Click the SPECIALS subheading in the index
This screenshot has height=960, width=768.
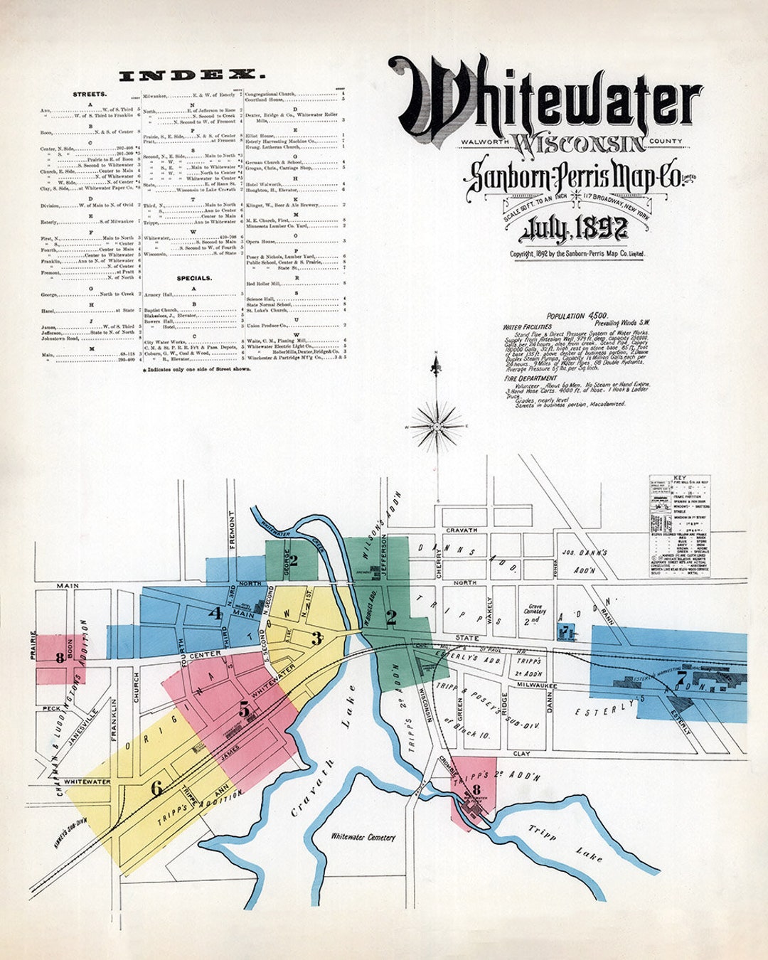pyautogui.click(x=194, y=278)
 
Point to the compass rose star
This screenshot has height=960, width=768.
pyautogui.click(x=437, y=426)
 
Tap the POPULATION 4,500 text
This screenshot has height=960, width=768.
pyautogui.click(x=575, y=316)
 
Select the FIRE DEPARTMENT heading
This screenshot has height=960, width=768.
pyautogui.click(x=530, y=379)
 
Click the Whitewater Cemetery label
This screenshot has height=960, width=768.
pyautogui.click(x=363, y=837)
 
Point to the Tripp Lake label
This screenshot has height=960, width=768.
pyautogui.click(x=565, y=843)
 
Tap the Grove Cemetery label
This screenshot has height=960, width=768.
pyautogui.click(x=535, y=611)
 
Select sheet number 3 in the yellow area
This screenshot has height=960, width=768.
pyautogui.click(x=317, y=638)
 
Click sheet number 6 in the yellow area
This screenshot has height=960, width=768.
pyautogui.click(x=156, y=786)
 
